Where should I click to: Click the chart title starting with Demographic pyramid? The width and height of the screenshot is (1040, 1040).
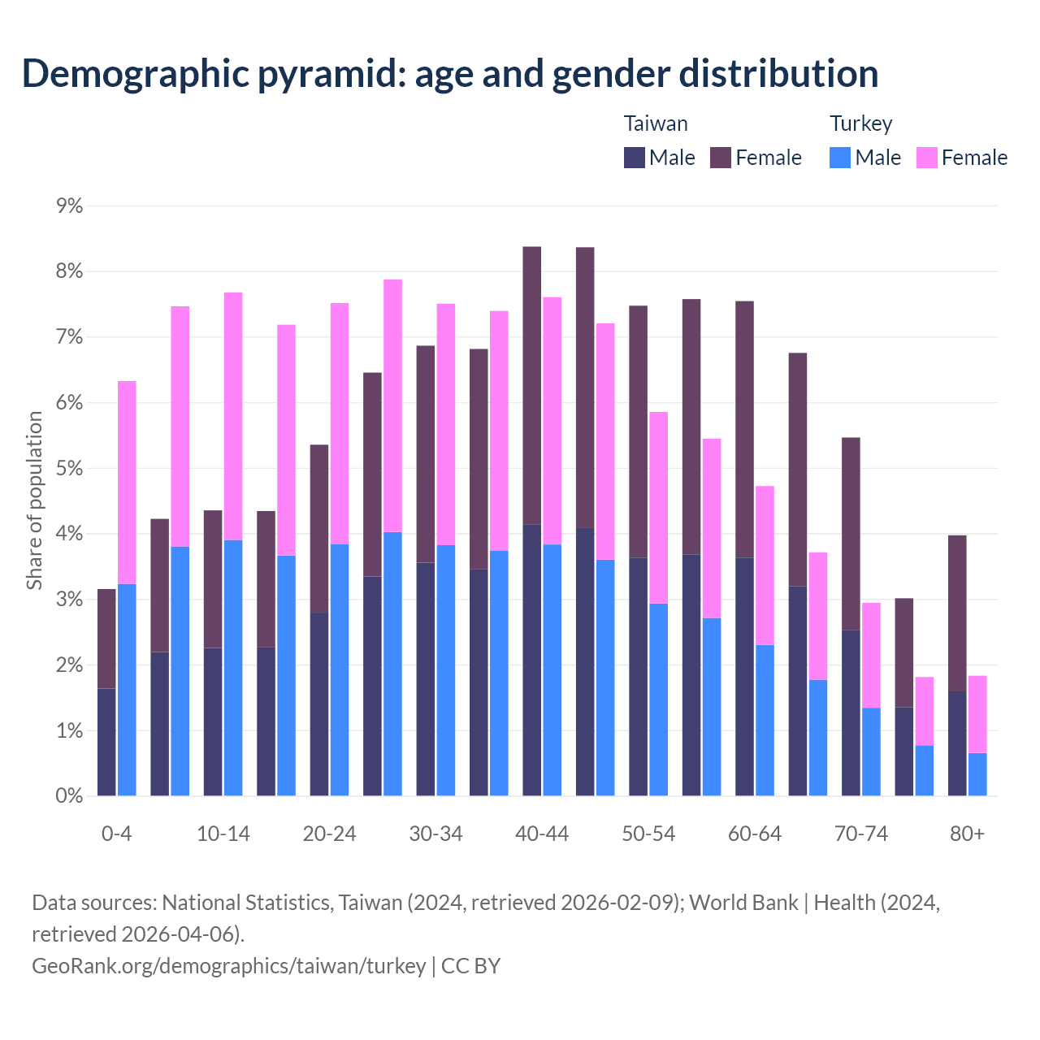450,73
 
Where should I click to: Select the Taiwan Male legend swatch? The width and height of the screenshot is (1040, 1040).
635,158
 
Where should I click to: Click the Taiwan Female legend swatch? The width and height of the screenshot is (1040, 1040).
721,158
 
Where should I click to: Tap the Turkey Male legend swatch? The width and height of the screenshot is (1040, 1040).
840,158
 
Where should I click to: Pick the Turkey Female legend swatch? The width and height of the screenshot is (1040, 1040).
926,158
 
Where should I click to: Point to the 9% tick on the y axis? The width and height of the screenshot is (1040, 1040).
70,206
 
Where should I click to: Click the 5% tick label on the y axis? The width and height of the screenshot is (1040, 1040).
70,469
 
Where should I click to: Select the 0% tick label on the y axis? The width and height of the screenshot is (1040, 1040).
70,796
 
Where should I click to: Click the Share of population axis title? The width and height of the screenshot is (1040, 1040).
34,500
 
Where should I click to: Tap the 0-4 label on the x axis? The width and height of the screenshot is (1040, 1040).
116,834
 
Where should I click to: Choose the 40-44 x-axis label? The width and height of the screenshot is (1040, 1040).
542,834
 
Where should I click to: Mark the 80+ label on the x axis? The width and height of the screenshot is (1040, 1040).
967,834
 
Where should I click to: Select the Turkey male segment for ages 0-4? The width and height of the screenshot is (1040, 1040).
127,690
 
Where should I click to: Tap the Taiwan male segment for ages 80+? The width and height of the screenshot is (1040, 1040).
957,743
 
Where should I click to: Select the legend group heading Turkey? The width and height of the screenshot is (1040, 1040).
860,123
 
